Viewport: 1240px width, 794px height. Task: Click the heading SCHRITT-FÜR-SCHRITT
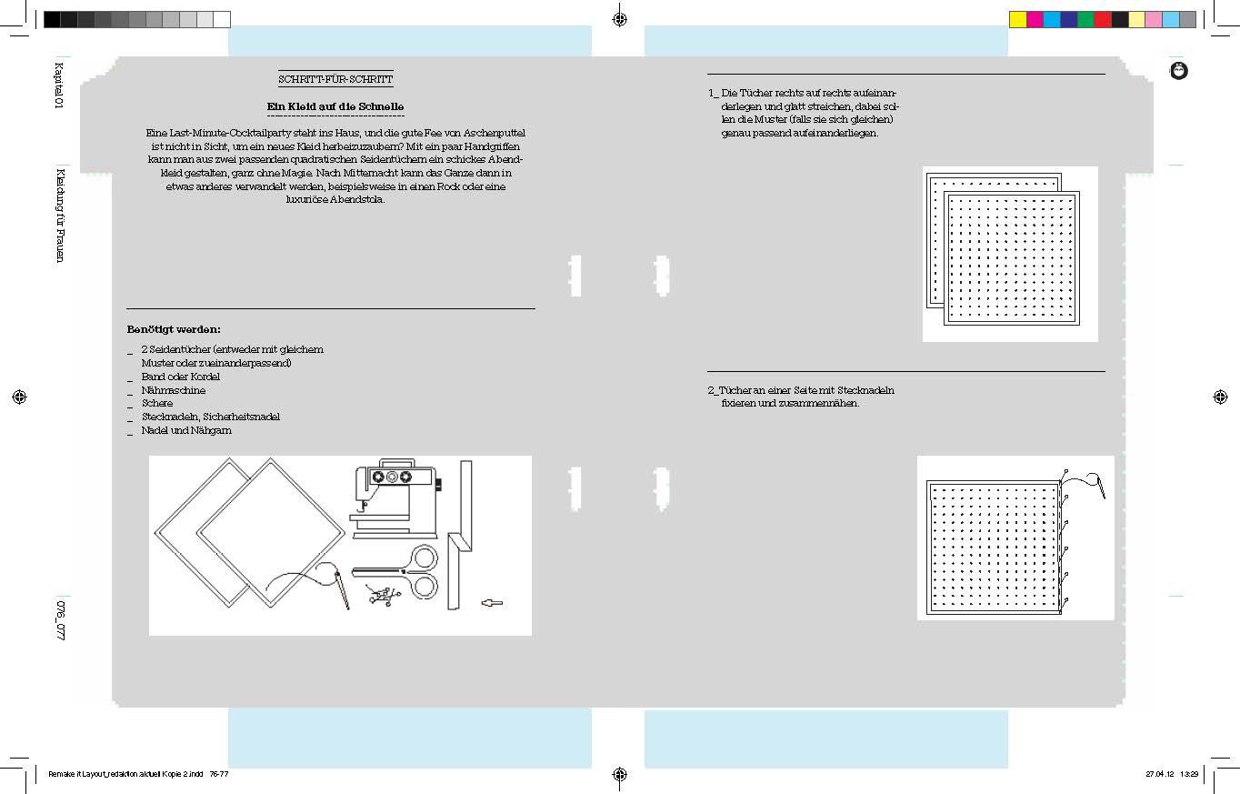click(335, 79)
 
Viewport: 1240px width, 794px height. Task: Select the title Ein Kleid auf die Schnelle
click(335, 106)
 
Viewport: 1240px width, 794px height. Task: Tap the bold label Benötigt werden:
click(174, 329)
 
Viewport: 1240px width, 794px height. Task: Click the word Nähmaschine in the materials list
click(174, 390)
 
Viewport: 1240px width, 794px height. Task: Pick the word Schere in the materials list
click(157, 404)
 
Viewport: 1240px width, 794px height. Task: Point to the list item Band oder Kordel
click(181, 377)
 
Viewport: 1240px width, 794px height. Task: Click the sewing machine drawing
click(395, 498)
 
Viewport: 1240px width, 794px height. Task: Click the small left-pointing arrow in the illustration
click(492, 603)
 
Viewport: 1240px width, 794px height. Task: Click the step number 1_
click(713, 93)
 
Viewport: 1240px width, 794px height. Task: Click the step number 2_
click(713, 390)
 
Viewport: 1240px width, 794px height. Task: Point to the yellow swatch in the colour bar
click(1018, 19)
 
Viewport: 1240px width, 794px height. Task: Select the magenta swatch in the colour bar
click(1035, 19)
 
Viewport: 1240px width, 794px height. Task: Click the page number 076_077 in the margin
click(60, 620)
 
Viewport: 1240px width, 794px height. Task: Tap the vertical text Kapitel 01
click(59, 85)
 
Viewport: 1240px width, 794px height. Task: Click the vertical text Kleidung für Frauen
click(60, 216)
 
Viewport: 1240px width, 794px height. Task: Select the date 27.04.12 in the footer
click(1160, 774)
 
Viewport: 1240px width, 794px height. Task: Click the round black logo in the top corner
click(1178, 71)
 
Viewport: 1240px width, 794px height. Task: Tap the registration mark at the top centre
click(620, 19)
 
